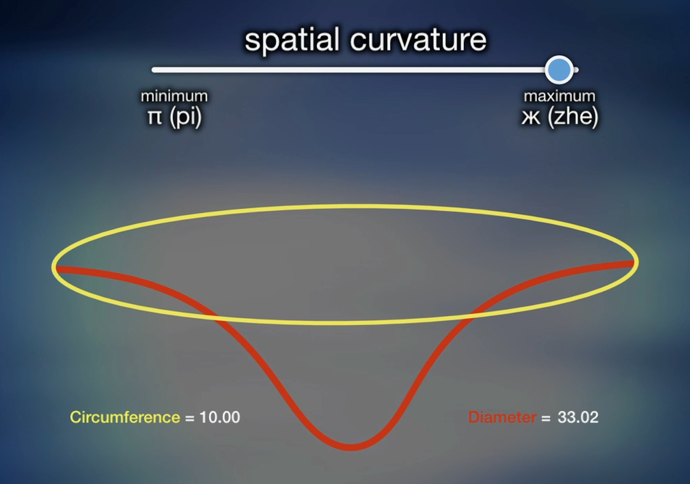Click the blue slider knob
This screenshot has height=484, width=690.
pyautogui.click(x=559, y=70)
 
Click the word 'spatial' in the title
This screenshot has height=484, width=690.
pyautogui.click(x=292, y=40)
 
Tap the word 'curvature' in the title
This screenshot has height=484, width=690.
pyautogui.click(x=418, y=40)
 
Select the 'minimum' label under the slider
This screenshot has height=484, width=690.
pyautogui.click(x=174, y=96)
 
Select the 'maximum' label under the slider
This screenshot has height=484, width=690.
pyautogui.click(x=560, y=96)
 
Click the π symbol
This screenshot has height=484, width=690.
pyautogui.click(x=154, y=117)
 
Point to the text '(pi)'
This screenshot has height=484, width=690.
pyautogui.click(x=185, y=117)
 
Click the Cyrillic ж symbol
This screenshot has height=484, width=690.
pyautogui.click(x=531, y=117)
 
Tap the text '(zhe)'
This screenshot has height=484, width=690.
pyautogui.click(x=573, y=117)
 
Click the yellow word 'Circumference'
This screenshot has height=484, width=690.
pyautogui.click(x=125, y=417)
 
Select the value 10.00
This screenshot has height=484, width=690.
pyautogui.click(x=219, y=417)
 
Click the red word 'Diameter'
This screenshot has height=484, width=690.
pyautogui.click(x=503, y=417)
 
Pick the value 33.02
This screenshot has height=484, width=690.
pyautogui.click(x=578, y=417)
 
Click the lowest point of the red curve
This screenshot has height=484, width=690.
pyautogui.click(x=350, y=448)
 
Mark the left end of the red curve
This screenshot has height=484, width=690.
pyautogui.click(x=56, y=269)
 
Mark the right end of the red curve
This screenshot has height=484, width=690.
pyautogui.click(x=634, y=264)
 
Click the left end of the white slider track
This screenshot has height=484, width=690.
pyautogui.click(x=154, y=70)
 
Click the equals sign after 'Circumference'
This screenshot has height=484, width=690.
pyautogui.click(x=190, y=418)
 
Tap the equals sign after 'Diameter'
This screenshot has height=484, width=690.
pyautogui.click(x=546, y=418)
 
